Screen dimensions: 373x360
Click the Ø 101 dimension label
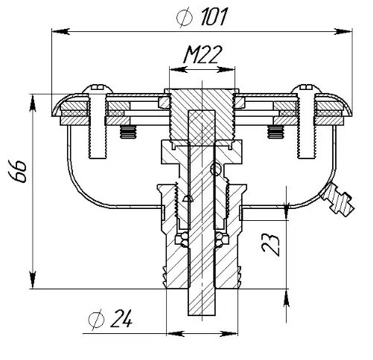click(202, 16)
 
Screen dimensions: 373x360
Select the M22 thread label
click(202, 55)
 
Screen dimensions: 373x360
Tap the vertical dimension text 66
click(17, 171)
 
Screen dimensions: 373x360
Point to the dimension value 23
click(271, 244)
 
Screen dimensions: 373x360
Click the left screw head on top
click(98, 89)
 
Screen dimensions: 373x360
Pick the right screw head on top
click(306, 89)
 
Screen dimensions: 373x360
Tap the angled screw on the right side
click(338, 199)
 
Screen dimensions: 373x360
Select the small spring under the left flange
click(128, 132)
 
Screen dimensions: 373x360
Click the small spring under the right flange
click(275, 132)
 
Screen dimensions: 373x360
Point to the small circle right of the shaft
click(216, 169)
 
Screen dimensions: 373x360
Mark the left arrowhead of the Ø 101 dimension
click(61, 31)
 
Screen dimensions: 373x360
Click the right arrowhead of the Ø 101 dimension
click(343, 31)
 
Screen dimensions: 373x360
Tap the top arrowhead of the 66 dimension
click(33, 103)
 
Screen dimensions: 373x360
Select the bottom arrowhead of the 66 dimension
click(33, 280)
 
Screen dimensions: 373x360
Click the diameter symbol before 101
click(185, 17)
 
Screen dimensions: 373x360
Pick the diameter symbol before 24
click(96, 320)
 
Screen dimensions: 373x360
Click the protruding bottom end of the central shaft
click(202, 302)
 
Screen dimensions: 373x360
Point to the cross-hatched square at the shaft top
click(202, 128)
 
